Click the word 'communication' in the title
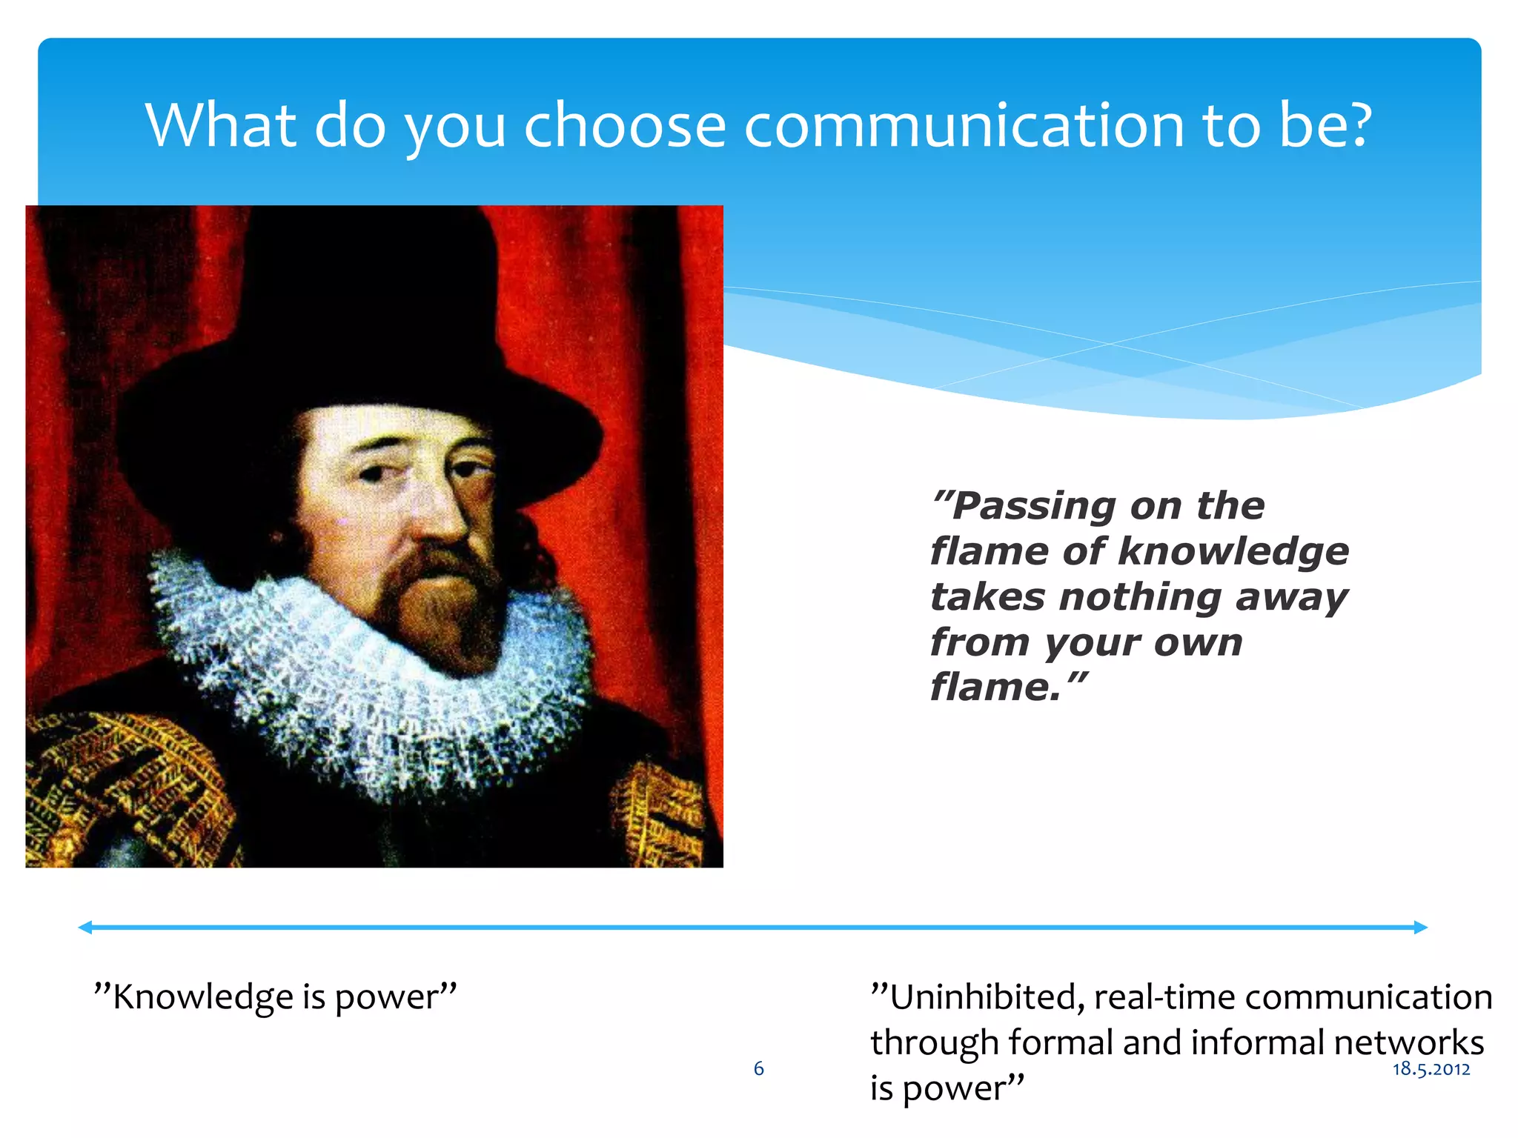(x=964, y=126)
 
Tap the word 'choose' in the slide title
(x=624, y=126)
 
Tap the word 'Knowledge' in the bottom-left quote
(x=202, y=997)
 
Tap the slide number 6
(x=758, y=1068)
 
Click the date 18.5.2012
(x=1431, y=1069)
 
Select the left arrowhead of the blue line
(x=85, y=927)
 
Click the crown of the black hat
(x=371, y=282)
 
